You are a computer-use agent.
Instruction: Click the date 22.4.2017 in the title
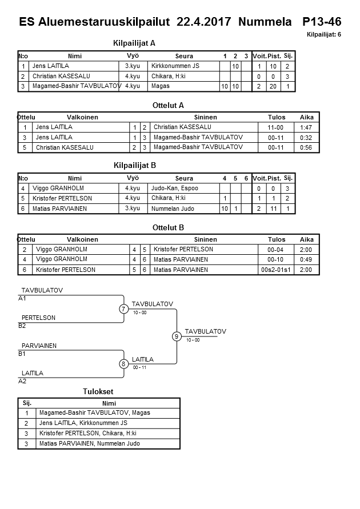204,22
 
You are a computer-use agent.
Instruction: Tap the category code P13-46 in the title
322,22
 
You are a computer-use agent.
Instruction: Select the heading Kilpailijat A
135,43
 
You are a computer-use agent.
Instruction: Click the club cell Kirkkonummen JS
175,66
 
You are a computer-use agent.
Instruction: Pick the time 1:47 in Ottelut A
307,127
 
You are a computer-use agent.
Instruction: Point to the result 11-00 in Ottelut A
276,127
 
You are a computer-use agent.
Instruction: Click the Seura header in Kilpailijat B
184,178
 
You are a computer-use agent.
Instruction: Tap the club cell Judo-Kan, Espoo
175,188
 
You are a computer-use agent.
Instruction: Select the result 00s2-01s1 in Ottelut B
276,270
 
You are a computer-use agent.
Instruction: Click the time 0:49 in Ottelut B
307,259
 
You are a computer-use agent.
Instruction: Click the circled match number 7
123,309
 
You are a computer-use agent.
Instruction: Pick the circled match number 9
177,336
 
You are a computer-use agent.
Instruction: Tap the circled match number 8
123,363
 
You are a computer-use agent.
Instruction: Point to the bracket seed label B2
22,326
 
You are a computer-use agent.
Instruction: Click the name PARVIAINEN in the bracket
39,346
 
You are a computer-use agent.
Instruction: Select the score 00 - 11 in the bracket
139,368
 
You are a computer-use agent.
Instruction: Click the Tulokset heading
98,392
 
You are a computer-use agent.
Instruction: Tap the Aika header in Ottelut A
307,117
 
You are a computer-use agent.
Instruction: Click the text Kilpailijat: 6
324,35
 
